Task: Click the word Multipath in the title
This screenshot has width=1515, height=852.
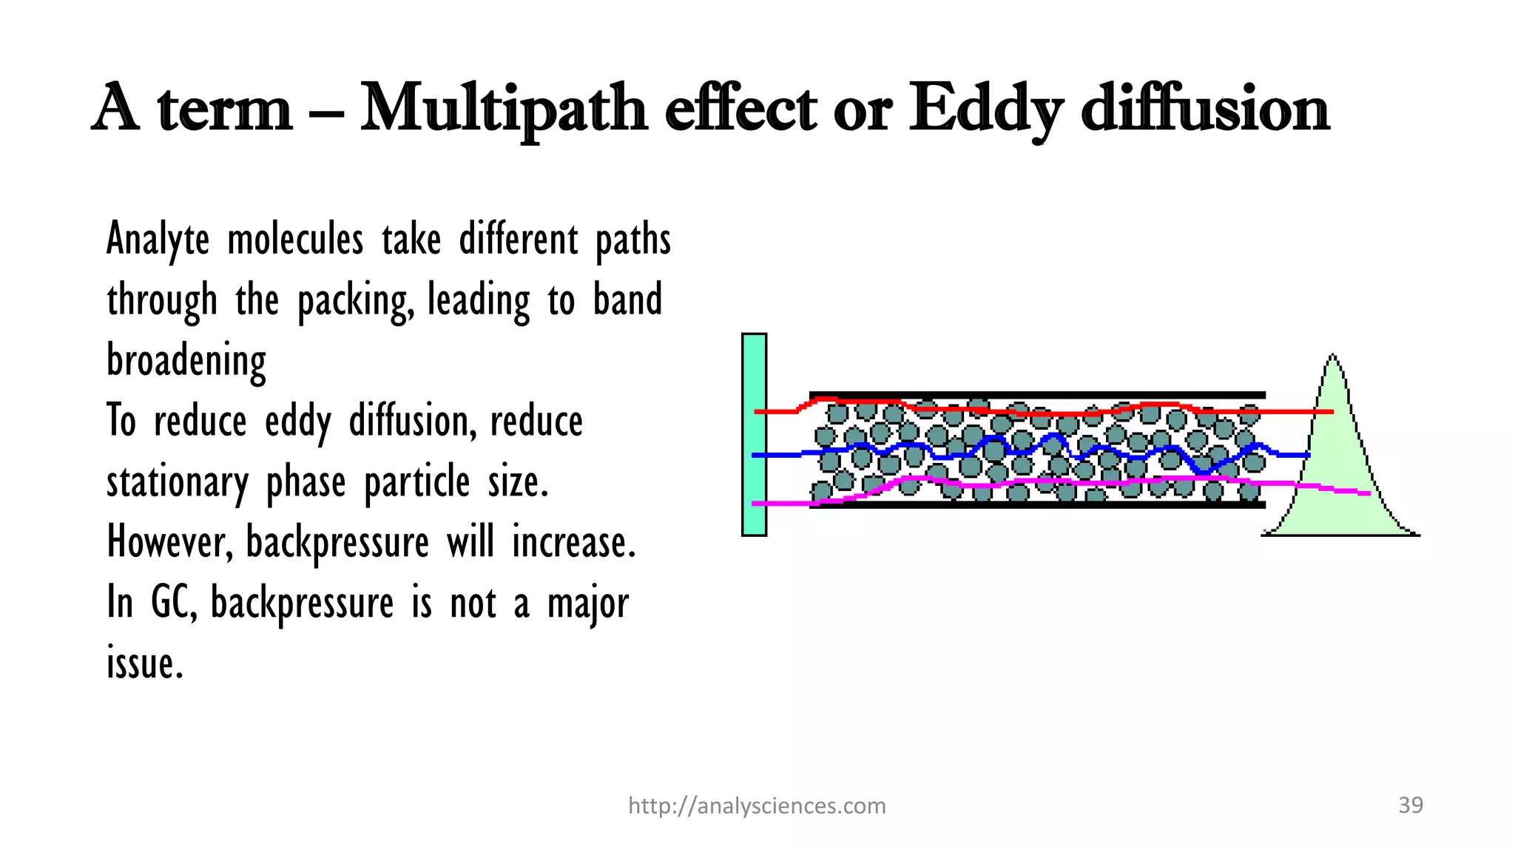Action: pyautogui.click(x=503, y=109)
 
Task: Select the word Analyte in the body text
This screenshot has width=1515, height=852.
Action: pyautogui.click(x=158, y=240)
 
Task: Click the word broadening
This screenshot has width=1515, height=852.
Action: pyautogui.click(x=186, y=361)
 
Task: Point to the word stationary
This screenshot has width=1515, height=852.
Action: pyautogui.click(x=178, y=482)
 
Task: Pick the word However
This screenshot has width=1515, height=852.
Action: pyautogui.click(x=169, y=542)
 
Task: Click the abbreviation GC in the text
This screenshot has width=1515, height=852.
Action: pyautogui.click(x=173, y=602)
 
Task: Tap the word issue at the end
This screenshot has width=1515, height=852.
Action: pyautogui.click(x=144, y=663)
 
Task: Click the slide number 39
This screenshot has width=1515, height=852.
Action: pyautogui.click(x=1411, y=805)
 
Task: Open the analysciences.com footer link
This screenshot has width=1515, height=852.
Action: pyautogui.click(x=757, y=805)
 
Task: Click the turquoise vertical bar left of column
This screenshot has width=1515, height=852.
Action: pyautogui.click(x=754, y=435)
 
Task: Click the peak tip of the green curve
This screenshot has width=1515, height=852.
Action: pyautogui.click(x=1333, y=356)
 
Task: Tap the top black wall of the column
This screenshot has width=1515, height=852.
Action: pyautogui.click(x=1036, y=395)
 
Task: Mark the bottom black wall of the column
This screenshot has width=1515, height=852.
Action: pyautogui.click(x=1036, y=505)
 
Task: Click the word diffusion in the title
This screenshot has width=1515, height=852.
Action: pyautogui.click(x=1206, y=109)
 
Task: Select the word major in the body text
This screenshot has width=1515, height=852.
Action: pyautogui.click(x=588, y=603)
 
